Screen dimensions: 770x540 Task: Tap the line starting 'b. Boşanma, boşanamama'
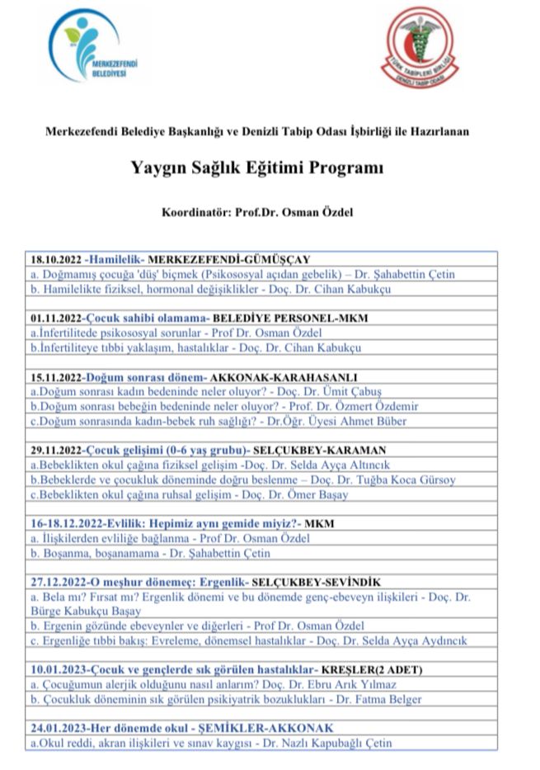149,553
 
